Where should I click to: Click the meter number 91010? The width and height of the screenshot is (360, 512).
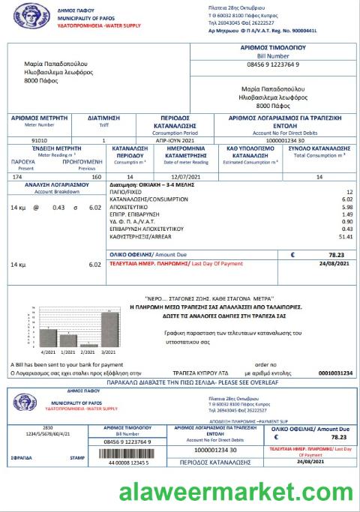click(39, 140)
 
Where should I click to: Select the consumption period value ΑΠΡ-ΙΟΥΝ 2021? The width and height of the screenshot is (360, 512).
click(155, 140)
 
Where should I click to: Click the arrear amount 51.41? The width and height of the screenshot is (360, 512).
click(345, 236)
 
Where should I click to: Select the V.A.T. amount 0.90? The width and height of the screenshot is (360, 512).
click(347, 221)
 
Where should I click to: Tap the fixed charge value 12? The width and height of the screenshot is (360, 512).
click(349, 192)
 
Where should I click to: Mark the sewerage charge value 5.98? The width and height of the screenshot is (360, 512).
click(346, 207)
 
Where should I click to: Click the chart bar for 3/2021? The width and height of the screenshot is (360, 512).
click(106, 328)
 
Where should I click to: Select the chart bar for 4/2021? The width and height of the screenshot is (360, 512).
click(48, 337)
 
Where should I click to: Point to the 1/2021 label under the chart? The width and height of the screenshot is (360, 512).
click(67, 351)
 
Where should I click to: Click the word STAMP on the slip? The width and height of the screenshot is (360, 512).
click(77, 456)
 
